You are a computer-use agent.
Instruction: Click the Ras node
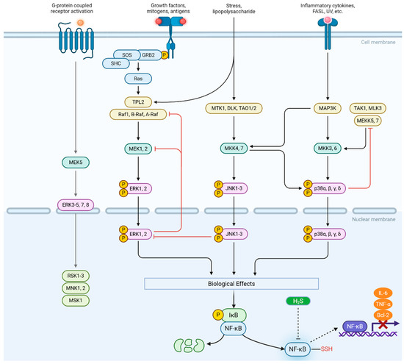(138, 79)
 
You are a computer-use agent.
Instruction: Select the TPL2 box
(138, 102)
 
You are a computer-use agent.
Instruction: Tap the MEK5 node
(76, 163)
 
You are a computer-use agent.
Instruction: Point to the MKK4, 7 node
(234, 149)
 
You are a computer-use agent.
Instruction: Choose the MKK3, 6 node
(328, 149)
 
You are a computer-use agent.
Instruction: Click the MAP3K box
(328, 108)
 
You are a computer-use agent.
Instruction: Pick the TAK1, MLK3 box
(368, 108)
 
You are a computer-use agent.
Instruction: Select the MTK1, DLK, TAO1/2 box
(234, 108)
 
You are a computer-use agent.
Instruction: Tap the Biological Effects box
(231, 284)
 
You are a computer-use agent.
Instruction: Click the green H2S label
(298, 301)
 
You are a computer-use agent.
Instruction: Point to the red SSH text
(327, 349)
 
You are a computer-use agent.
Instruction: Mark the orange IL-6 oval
(383, 293)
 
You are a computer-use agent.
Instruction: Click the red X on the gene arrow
(383, 324)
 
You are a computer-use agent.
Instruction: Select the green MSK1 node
(76, 301)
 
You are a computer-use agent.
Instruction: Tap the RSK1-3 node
(76, 276)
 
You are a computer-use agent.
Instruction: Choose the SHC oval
(116, 63)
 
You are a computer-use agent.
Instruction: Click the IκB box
(234, 315)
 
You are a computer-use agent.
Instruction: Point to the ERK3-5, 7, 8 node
(76, 205)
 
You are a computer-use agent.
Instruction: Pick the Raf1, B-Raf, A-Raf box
(138, 114)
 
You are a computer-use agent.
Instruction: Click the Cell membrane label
(378, 43)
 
